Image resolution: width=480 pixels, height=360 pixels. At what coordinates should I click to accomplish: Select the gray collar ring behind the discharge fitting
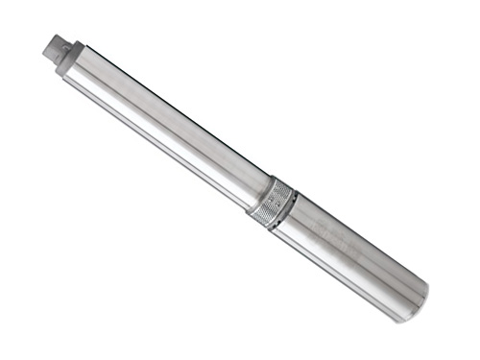point(75,61)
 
